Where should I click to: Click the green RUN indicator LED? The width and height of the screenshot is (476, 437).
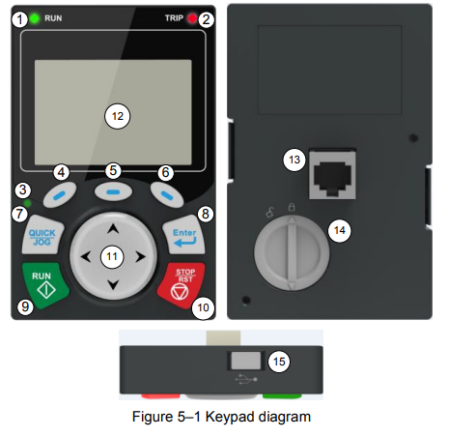point(35,18)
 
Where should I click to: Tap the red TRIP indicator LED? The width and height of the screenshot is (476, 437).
point(192,18)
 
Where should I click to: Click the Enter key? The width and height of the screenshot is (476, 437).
point(184,235)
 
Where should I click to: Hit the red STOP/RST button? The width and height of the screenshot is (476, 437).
point(182,285)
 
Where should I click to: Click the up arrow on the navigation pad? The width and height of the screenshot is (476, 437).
point(113,229)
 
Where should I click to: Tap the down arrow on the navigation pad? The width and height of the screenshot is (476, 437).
point(113,284)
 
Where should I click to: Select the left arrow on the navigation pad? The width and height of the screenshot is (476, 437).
point(85,257)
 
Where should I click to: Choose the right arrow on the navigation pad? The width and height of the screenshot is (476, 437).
point(140,257)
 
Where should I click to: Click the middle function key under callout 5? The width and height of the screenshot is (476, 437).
point(113,192)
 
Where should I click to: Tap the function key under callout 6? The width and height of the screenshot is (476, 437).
point(167,194)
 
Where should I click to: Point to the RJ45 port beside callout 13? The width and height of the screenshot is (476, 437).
point(332,174)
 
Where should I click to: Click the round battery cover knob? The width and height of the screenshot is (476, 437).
point(292,253)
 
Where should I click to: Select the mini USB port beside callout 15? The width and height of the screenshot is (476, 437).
point(246,361)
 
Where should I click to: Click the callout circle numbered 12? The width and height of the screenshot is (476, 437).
point(118,116)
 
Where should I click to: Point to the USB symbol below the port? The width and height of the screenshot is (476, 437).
point(246,379)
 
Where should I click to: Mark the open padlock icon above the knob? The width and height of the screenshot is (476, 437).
point(269,213)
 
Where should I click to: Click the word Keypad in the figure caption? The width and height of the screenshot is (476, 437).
point(230,417)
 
